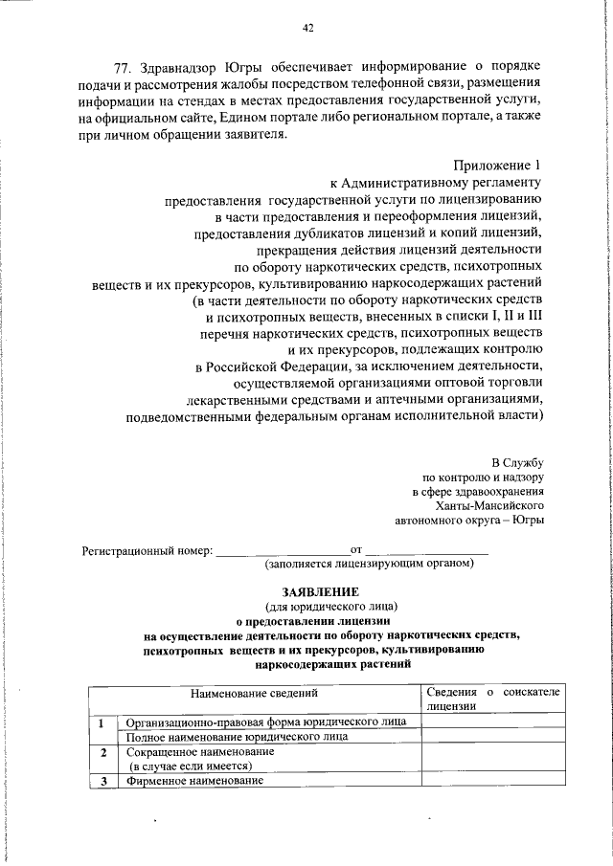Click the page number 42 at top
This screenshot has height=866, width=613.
coord(307,29)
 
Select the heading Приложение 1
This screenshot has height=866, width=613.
coord(497,165)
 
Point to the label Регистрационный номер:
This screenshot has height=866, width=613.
coord(147,551)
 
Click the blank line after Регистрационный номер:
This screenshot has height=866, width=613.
coord(282,551)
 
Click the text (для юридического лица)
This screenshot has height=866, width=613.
coord(330,607)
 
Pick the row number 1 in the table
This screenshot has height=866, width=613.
coord(102,721)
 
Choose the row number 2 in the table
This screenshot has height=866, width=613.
coord(102,752)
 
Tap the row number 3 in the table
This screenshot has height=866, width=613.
coord(102,782)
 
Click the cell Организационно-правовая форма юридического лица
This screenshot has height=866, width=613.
coord(266,721)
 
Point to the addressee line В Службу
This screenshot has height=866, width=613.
coord(518,462)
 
